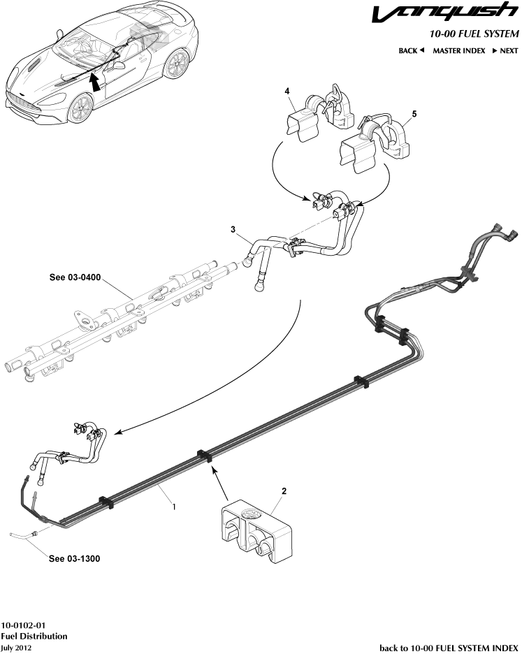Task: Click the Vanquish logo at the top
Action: point(444,14)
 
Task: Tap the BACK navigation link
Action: point(412,51)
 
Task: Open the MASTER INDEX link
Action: point(458,51)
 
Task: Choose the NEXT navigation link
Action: point(505,51)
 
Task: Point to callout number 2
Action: point(284,491)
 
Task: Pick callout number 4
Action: point(286,92)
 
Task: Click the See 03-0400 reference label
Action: point(75,277)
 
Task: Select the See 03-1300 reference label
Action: point(74,559)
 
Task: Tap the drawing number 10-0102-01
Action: point(25,625)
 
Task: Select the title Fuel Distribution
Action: point(34,636)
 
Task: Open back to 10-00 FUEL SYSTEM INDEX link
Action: point(449,647)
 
